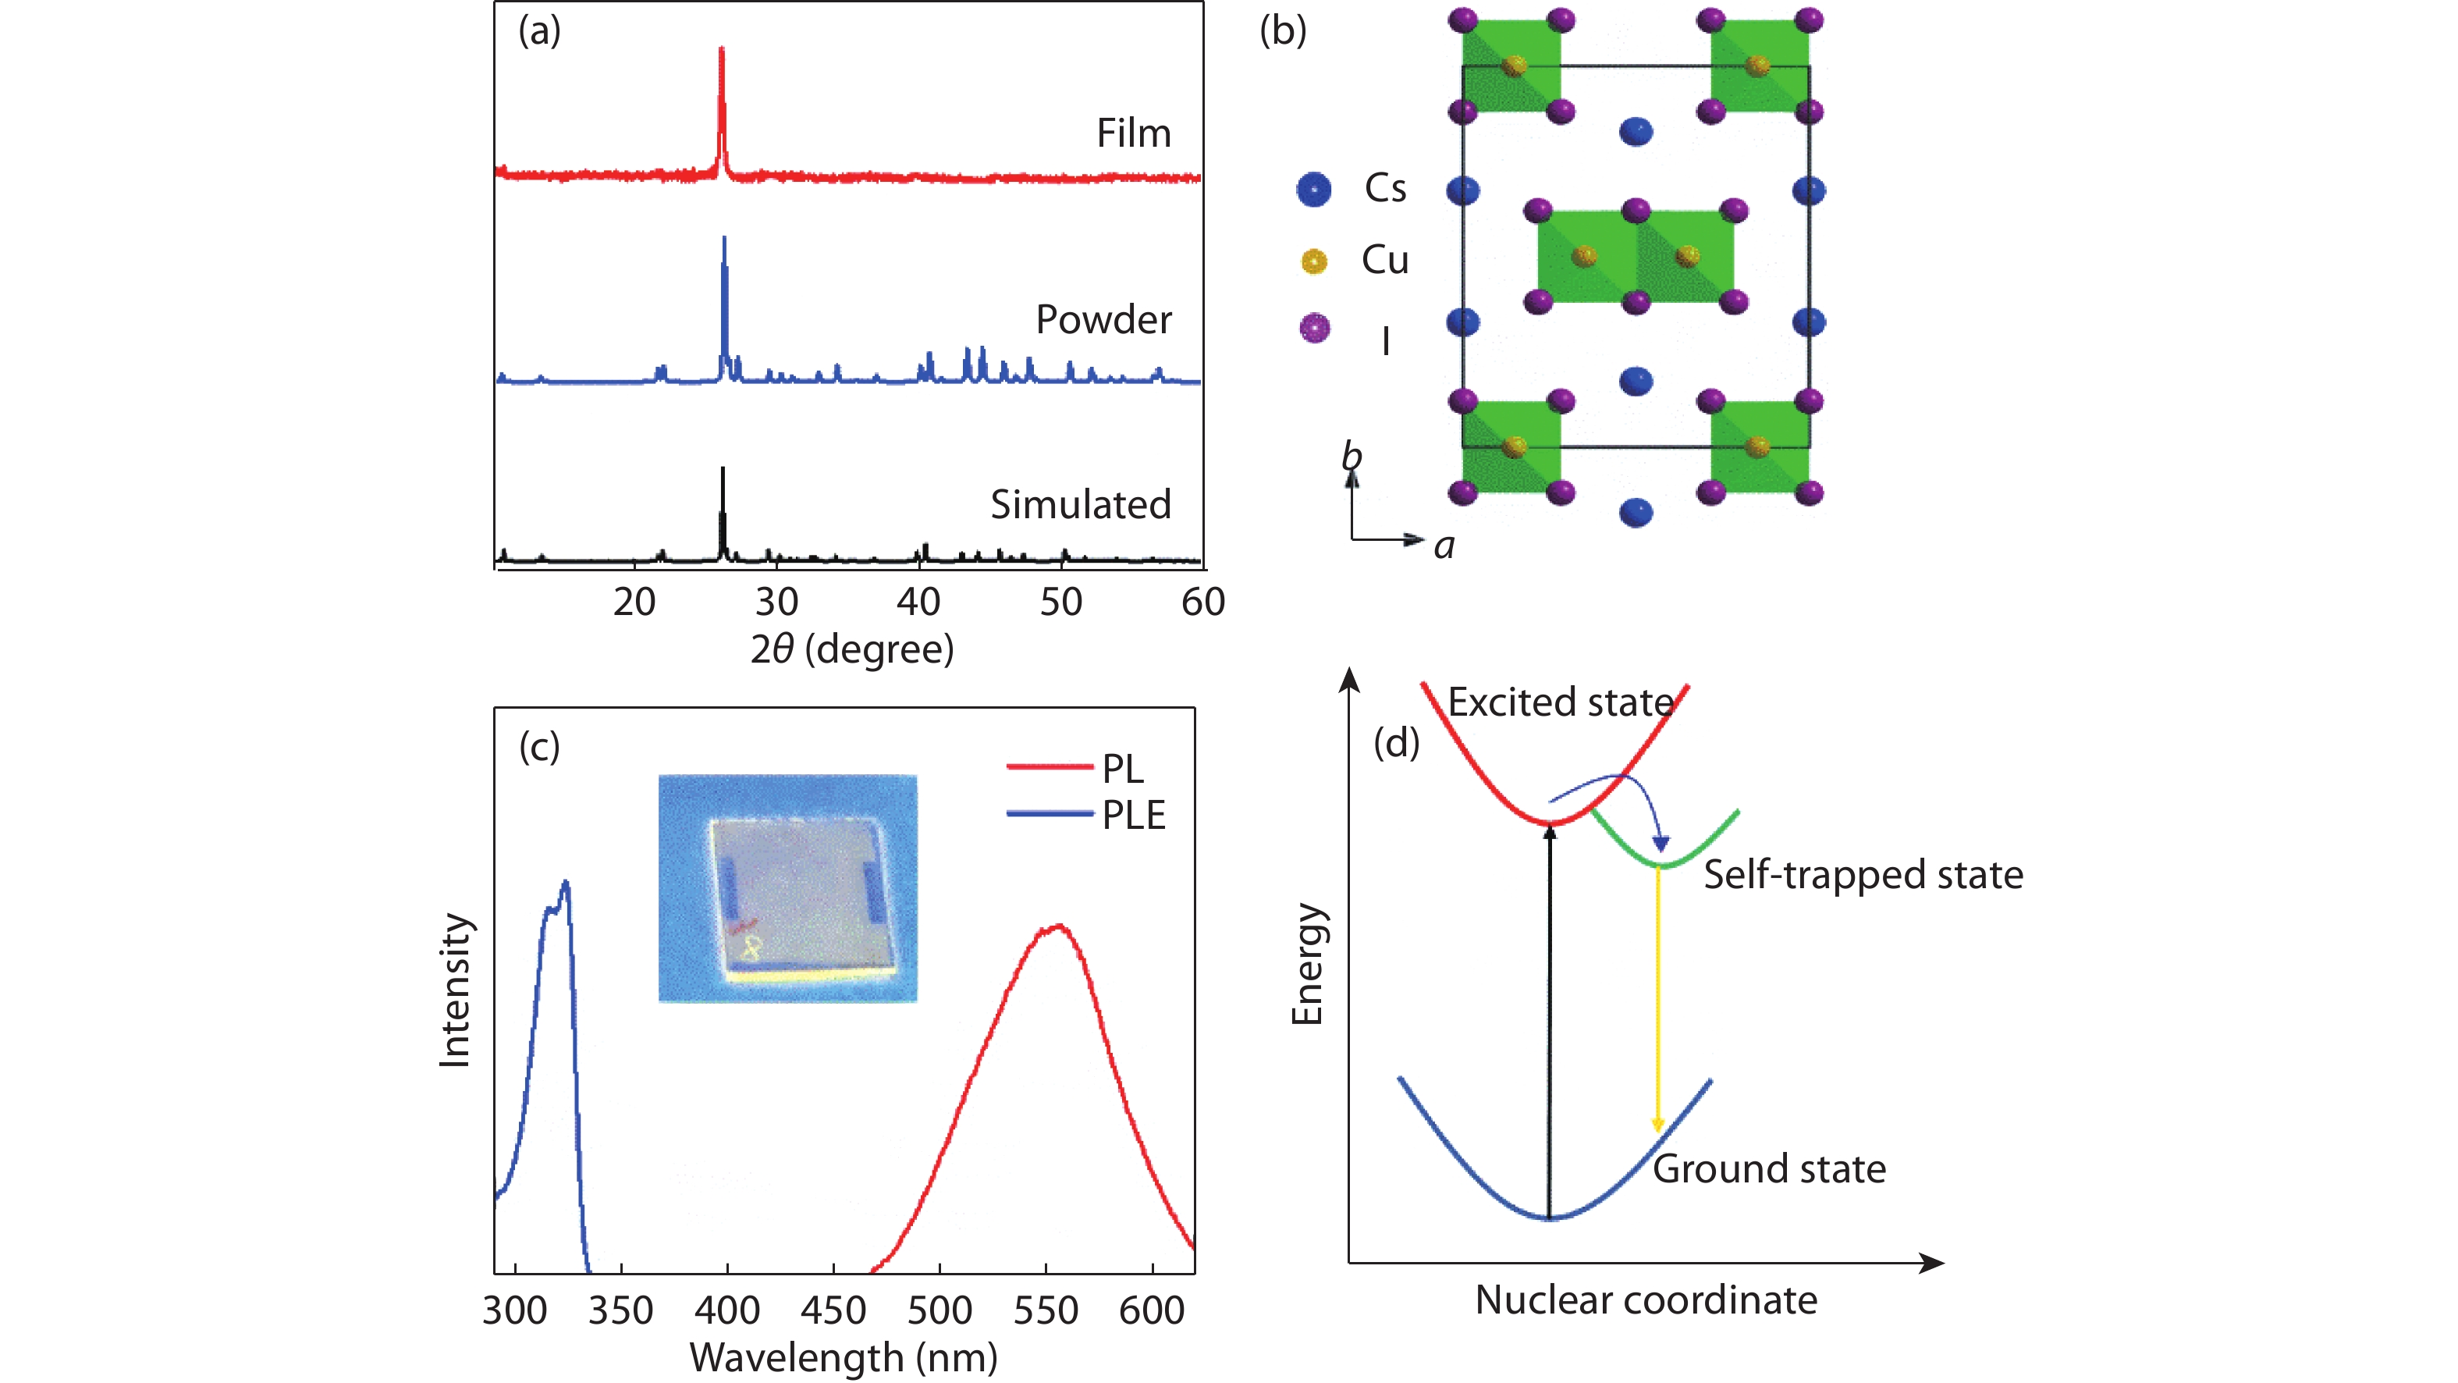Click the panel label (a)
pos(539,31)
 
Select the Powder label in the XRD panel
pos(1103,320)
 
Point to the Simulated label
pos(1080,504)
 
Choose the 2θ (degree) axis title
pos(851,650)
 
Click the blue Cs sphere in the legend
pos(1314,189)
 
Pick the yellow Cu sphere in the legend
pos(1314,261)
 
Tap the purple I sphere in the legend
pos(1314,329)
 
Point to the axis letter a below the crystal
pos(1444,546)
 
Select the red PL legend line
pos(1049,766)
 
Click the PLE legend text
pos(1134,815)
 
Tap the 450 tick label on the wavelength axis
pos(833,1310)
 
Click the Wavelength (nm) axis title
pos(844,1357)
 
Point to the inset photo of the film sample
pos(787,887)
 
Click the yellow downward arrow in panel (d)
pos(1657,1002)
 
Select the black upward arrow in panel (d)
pos(1550,1022)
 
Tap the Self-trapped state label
pos(1863,874)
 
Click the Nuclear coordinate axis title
pos(1646,1300)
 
